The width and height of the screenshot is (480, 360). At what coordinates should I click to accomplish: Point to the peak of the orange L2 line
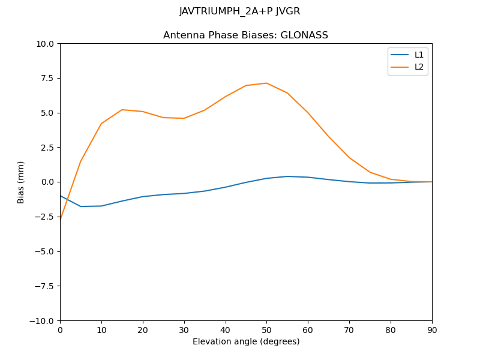pyautogui.click(x=266, y=83)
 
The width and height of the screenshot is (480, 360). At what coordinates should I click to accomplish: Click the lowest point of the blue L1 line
pyautogui.click(x=80, y=206)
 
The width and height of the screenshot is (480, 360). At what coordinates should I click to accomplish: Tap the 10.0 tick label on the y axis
pyautogui.click(x=46, y=44)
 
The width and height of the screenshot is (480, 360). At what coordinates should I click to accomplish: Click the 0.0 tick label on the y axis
pyautogui.click(x=48, y=182)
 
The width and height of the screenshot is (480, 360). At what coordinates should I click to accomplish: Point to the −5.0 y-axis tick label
pyautogui.click(x=44, y=251)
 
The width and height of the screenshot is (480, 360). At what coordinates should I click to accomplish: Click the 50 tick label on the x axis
pyautogui.click(x=266, y=331)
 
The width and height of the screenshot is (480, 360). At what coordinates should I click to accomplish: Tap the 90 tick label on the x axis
pyautogui.click(x=432, y=331)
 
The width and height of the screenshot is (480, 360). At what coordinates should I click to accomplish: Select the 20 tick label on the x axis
pyautogui.click(x=143, y=331)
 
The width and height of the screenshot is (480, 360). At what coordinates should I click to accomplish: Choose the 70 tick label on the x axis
pyautogui.click(x=349, y=331)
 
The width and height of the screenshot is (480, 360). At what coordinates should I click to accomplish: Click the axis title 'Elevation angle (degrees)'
pyautogui.click(x=246, y=342)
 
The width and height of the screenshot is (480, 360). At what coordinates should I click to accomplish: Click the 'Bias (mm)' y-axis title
pyautogui.click(x=21, y=182)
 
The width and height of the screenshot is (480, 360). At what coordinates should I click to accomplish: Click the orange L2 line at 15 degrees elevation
pyautogui.click(x=122, y=110)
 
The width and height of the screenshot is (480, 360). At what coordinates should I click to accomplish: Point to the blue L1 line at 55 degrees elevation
pyautogui.click(x=287, y=176)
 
